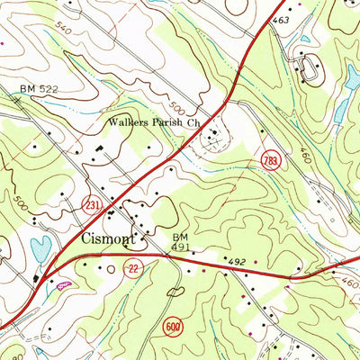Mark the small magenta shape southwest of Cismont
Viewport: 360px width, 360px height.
point(63,285)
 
